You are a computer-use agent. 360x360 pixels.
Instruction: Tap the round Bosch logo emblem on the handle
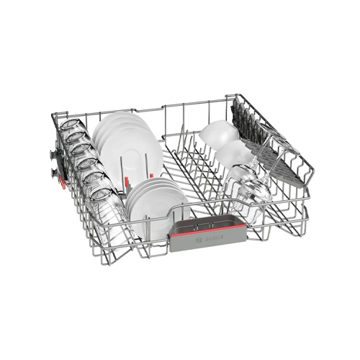[x=199, y=240]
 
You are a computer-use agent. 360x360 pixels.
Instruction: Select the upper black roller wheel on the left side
[x=53, y=154]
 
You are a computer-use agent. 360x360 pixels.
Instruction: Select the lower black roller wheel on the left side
[x=53, y=172]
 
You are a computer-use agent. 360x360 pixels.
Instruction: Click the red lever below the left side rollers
[x=62, y=181]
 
